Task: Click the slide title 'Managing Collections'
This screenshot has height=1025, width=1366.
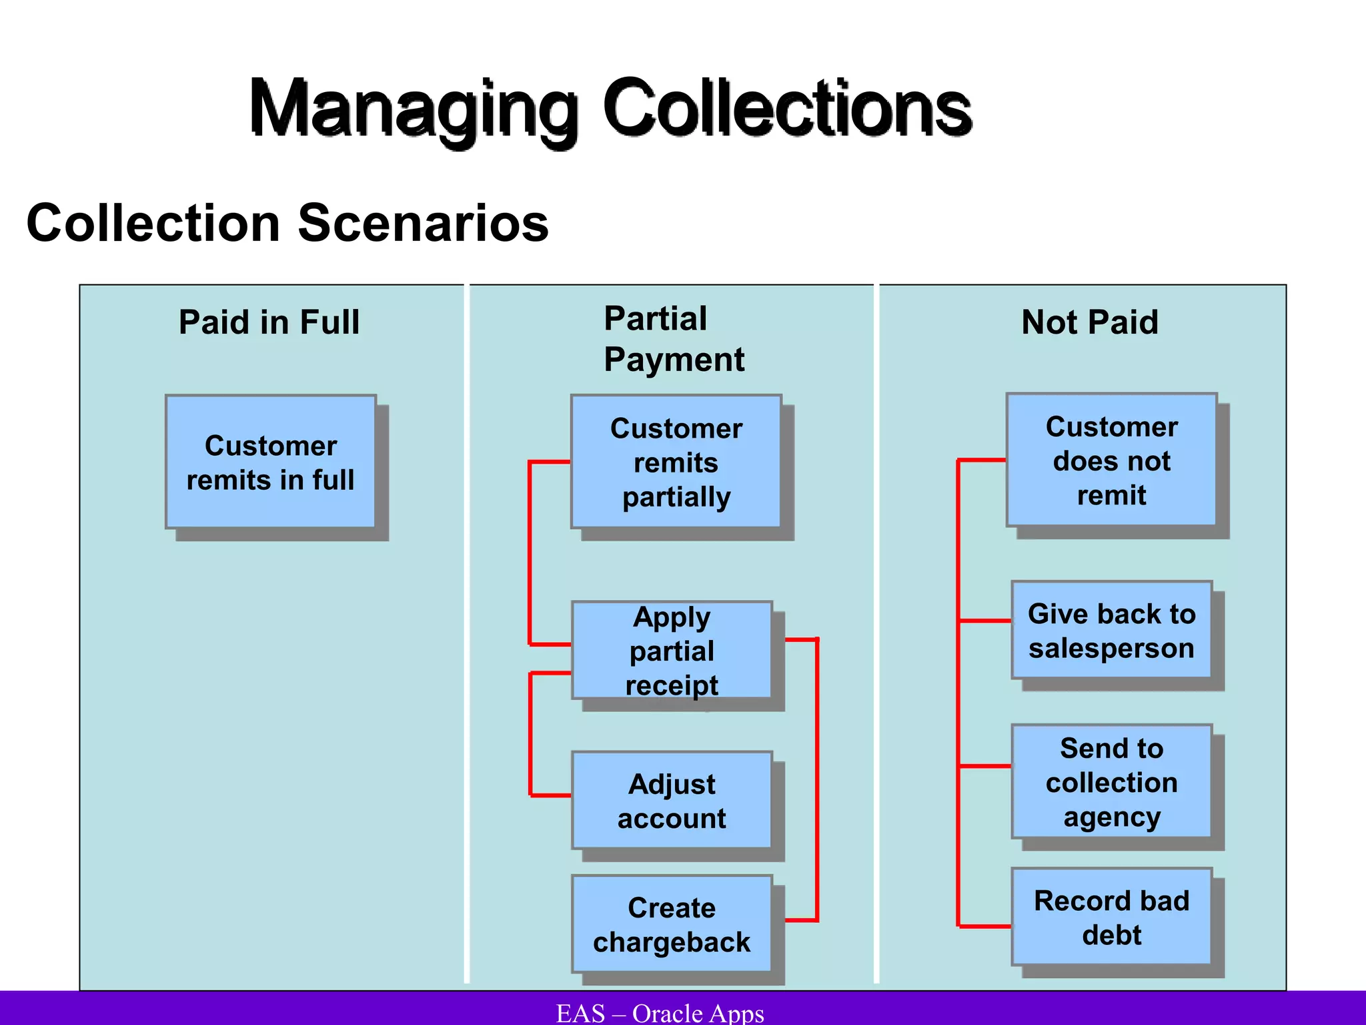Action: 610,108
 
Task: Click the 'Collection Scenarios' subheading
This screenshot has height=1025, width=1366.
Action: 287,223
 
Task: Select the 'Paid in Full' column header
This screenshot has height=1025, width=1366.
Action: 269,322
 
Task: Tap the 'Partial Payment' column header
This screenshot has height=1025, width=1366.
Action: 674,339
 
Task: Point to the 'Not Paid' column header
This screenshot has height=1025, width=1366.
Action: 1090,322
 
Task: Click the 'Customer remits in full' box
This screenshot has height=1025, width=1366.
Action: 271,462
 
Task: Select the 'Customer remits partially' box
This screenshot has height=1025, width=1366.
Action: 676,462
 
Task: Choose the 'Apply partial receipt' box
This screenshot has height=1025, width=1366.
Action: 672,651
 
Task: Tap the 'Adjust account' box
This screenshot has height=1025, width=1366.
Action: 672,801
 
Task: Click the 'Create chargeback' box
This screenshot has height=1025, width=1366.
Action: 672,924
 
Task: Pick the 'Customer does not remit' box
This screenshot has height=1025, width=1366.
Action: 1111,460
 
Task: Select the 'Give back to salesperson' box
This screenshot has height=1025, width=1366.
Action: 1111,631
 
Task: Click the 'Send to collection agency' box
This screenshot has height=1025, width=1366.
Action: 1111,782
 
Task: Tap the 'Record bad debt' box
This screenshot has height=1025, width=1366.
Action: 1111,918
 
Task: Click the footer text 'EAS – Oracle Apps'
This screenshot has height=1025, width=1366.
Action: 660,1013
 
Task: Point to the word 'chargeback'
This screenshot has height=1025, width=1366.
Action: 672,942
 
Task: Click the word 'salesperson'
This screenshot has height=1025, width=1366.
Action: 1111,649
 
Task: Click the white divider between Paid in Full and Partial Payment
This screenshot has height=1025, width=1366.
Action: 467,634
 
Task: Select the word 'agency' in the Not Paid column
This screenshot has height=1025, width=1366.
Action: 1112,817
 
